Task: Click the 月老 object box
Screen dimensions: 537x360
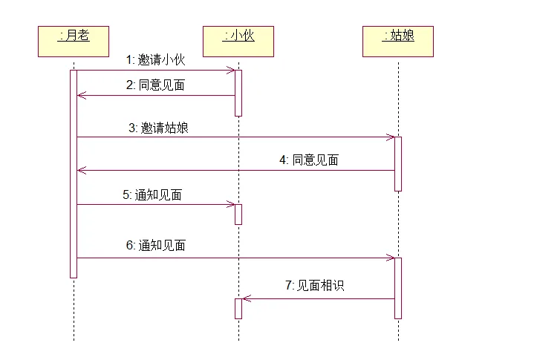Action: click(x=74, y=42)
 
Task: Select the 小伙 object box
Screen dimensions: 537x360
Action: click(x=238, y=42)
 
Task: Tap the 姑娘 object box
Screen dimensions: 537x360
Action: click(x=398, y=42)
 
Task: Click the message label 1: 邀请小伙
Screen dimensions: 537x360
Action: click(x=155, y=60)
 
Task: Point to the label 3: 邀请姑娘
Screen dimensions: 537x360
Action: click(x=158, y=128)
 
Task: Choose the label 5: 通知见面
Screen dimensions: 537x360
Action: click(x=152, y=194)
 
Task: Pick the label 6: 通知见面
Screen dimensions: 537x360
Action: click(x=155, y=246)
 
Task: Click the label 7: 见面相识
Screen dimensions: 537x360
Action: click(x=315, y=285)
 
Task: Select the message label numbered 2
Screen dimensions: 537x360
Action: click(x=155, y=85)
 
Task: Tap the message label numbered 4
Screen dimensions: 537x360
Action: click(x=309, y=160)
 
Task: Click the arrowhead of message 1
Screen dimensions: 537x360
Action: click(x=231, y=71)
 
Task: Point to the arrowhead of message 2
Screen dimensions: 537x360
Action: click(x=82, y=96)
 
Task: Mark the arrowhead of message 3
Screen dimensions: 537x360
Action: click(x=391, y=137)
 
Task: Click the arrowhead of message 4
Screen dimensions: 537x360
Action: click(x=82, y=170)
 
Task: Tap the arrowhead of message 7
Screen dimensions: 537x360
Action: click(x=247, y=298)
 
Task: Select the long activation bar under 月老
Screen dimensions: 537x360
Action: click(x=74, y=174)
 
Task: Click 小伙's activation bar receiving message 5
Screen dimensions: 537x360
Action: click(x=238, y=215)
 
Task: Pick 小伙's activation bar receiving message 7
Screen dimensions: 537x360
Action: click(x=238, y=309)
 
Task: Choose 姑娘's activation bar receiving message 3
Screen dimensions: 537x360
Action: click(x=398, y=164)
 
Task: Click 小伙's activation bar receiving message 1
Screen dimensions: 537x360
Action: click(x=238, y=93)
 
